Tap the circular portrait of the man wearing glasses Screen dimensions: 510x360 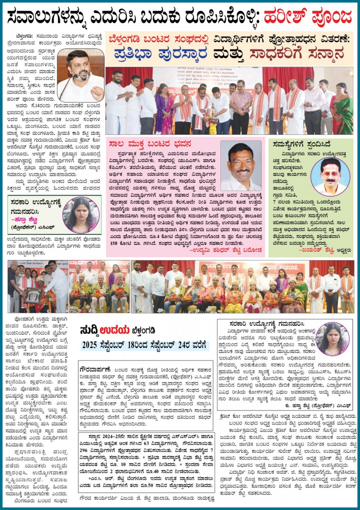coord(330,176)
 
